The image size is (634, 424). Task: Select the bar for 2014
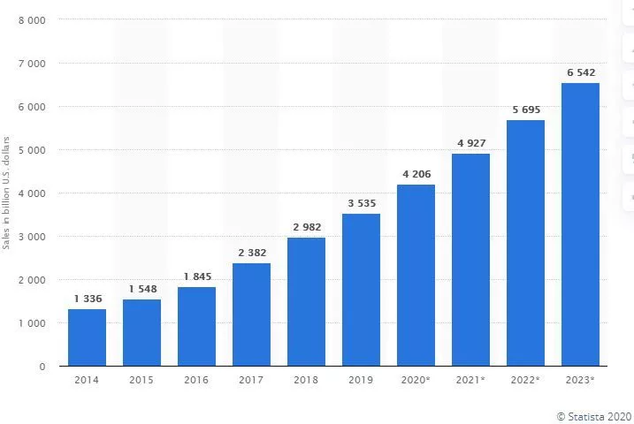pyautogui.click(x=87, y=337)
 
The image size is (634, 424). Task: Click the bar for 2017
pyautogui.click(x=251, y=314)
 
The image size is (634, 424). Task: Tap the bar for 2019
pyautogui.click(x=361, y=290)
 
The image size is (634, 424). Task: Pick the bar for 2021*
pyautogui.click(x=470, y=260)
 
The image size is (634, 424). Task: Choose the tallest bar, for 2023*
pyautogui.click(x=580, y=224)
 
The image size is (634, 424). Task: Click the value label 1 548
pyautogui.click(x=141, y=289)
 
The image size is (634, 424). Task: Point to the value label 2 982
pyautogui.click(x=306, y=227)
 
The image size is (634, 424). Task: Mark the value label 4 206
pyautogui.click(x=416, y=174)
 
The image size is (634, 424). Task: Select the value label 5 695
pyautogui.click(x=525, y=110)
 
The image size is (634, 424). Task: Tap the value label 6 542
pyautogui.click(x=580, y=72)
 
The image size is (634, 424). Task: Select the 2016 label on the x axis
pyautogui.click(x=196, y=380)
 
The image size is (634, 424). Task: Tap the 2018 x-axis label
pyautogui.click(x=306, y=380)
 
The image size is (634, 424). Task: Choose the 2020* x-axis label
pyautogui.click(x=416, y=380)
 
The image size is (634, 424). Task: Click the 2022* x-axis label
pyautogui.click(x=525, y=380)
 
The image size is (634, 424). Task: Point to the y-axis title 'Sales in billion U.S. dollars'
pyautogui.click(x=7, y=193)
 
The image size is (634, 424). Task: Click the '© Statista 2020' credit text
pyautogui.click(x=593, y=415)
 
